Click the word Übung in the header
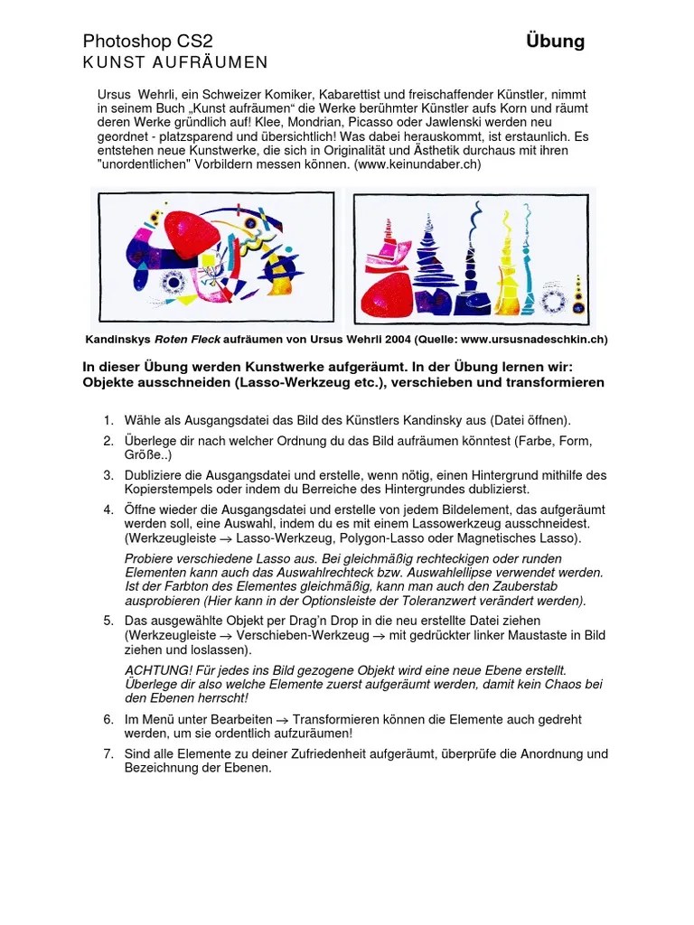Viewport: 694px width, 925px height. click(x=555, y=42)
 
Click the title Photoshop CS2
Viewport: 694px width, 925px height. click(x=147, y=42)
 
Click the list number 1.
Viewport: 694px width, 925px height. click(x=107, y=420)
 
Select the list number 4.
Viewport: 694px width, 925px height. click(x=107, y=509)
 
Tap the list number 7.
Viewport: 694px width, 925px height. click(x=107, y=754)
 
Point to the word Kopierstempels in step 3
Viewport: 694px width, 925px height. click(x=166, y=489)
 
